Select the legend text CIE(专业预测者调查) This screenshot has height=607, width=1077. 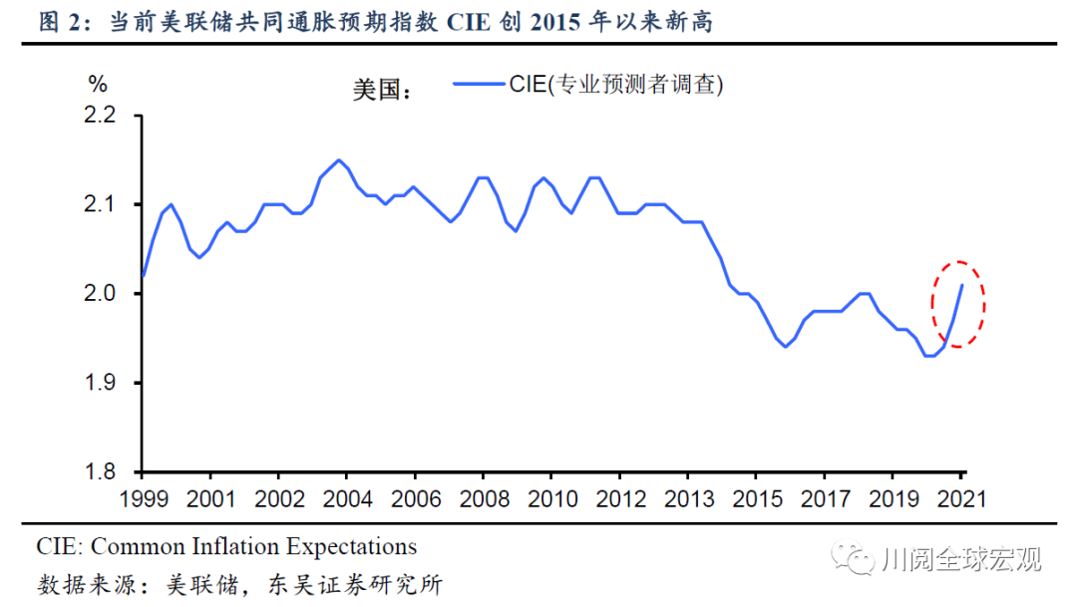coord(616,86)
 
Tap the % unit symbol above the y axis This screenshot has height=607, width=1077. coord(97,83)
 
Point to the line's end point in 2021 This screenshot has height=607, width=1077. coord(961,286)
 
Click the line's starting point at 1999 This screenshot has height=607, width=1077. coord(143,276)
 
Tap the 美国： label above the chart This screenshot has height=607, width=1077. coord(382,90)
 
